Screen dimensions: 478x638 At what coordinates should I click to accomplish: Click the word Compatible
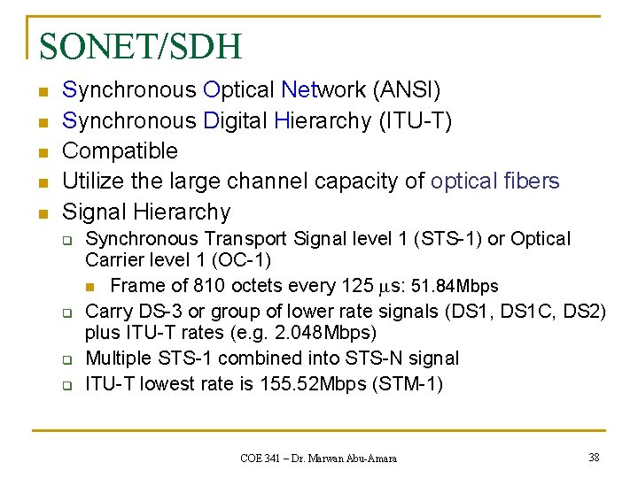pos(121,150)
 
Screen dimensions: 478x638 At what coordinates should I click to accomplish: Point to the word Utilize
pos(95,181)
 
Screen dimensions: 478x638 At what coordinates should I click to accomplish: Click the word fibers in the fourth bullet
pos(530,181)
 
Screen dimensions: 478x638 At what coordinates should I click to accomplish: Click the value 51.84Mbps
pos(455,287)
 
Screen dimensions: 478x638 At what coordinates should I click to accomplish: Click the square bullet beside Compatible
pos(42,152)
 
